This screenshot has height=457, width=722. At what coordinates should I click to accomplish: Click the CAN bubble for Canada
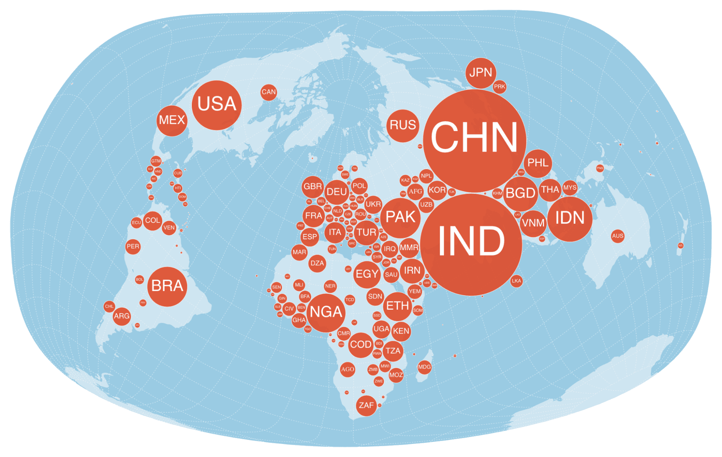point(268,92)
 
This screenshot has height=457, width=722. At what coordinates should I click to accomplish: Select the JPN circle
point(480,73)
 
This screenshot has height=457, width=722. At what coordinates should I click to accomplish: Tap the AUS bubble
point(618,236)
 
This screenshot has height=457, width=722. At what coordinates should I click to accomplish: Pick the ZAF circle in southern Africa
point(366,405)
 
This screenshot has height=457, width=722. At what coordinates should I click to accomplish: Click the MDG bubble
point(424,367)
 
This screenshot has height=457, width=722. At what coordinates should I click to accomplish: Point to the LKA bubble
point(516,281)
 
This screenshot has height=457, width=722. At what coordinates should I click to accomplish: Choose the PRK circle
point(500,87)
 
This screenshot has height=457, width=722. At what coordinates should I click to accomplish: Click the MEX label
point(172,120)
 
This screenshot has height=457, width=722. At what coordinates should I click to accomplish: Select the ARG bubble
point(122,316)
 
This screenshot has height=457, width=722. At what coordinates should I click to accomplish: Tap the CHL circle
point(109,306)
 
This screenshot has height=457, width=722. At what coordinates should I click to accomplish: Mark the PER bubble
point(133,247)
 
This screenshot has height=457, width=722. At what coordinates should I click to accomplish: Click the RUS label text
point(403,125)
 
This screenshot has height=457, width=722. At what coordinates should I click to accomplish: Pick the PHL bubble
point(538,163)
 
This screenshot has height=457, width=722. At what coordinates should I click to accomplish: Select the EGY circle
point(367,274)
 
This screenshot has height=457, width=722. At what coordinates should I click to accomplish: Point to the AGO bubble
point(347,369)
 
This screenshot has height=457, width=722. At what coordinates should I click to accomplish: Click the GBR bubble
point(312,187)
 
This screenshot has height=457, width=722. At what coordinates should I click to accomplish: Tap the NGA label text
point(326,312)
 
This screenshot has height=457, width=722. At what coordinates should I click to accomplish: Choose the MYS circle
point(570,188)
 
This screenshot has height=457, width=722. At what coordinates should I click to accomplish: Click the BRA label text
point(167,286)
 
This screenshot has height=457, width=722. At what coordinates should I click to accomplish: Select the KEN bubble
point(401,331)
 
